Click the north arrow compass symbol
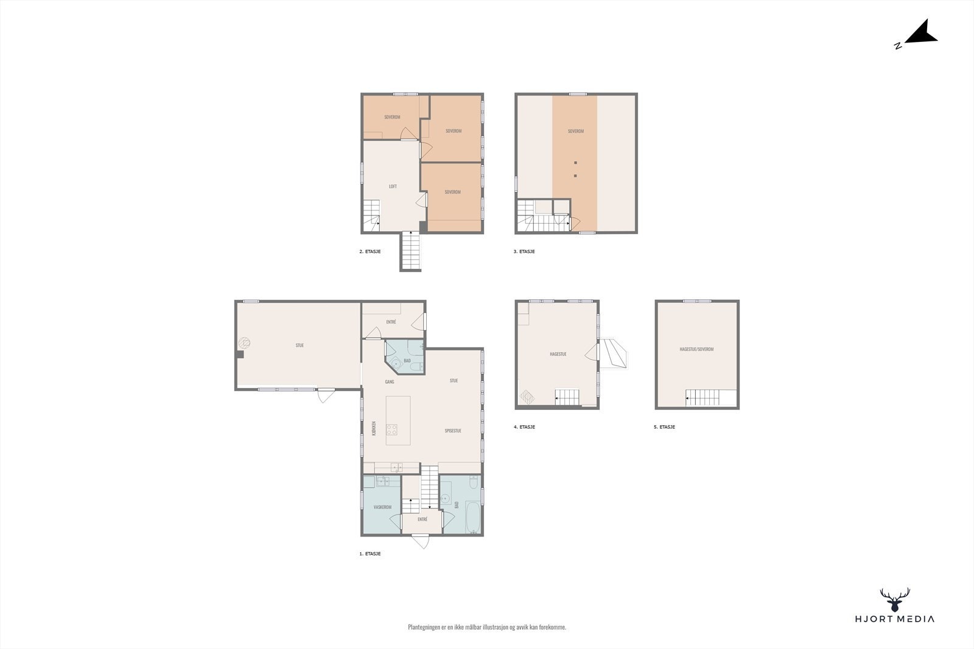tap(920, 35)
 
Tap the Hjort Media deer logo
tap(895, 600)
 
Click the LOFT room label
tap(393, 186)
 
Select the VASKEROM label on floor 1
tap(383, 507)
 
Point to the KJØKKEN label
tap(374, 428)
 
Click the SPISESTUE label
tap(453, 431)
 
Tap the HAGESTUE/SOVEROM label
tap(696, 349)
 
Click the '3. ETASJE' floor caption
tap(524, 252)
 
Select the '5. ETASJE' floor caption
tap(664, 427)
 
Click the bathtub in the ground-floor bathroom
tap(472, 517)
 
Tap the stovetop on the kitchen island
tap(392, 429)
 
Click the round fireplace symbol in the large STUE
tap(244, 343)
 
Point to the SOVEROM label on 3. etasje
tap(576, 131)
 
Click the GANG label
tap(390, 382)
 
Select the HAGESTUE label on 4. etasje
tap(558, 354)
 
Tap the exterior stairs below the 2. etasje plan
tap(411, 251)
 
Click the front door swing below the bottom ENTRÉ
tap(421, 541)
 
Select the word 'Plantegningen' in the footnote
tap(424, 627)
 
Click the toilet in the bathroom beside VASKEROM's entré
tap(474, 482)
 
